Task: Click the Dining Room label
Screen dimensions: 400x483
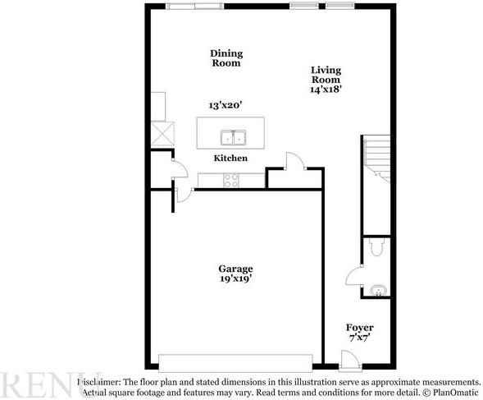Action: coord(226,58)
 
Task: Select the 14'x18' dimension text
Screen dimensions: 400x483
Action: coord(326,90)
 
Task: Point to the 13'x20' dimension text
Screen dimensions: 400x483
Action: coord(226,105)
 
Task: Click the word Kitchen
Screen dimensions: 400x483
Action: coord(230,158)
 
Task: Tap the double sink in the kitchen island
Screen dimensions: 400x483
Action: coord(233,137)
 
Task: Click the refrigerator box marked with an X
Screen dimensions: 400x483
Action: coord(162,134)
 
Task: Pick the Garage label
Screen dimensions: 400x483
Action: coord(235,269)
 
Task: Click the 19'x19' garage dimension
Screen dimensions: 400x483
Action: coord(235,279)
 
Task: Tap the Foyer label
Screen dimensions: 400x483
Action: coord(359,327)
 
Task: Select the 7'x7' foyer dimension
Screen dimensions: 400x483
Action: coord(359,338)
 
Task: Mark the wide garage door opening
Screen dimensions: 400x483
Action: coord(235,361)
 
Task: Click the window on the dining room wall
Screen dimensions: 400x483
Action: coord(194,7)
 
